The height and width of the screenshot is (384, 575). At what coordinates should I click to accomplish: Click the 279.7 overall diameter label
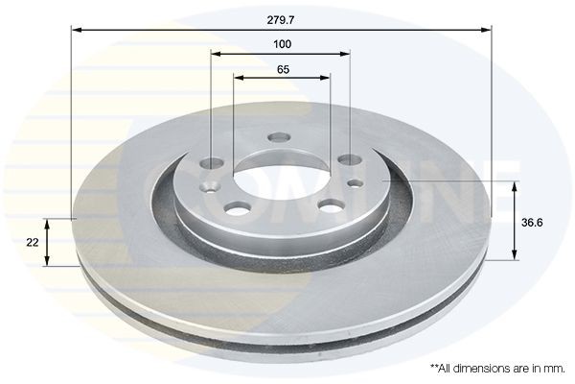coord(282,16)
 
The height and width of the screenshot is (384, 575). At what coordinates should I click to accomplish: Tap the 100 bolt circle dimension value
coord(282,44)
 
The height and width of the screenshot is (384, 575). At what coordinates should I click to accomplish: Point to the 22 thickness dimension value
coord(34,243)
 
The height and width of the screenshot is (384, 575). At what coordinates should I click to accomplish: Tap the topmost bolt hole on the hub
coord(279,138)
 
